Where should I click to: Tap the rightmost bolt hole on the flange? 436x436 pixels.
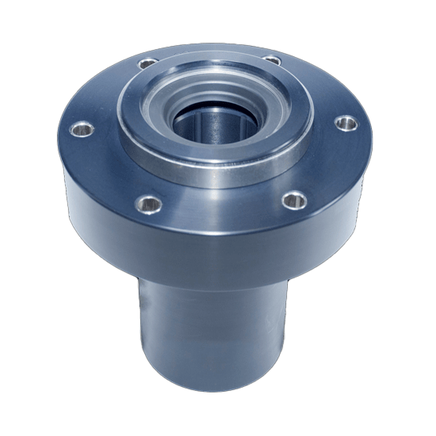[346, 123]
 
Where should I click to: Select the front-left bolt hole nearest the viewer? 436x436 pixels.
[148, 202]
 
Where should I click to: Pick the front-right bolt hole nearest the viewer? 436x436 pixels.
[293, 199]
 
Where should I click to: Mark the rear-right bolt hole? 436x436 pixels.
[272, 60]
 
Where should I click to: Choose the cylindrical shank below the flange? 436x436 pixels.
[214, 325]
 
